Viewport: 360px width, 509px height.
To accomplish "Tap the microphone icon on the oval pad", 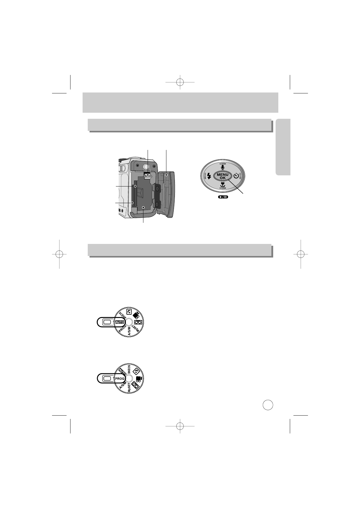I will pyautogui.click(x=223, y=167).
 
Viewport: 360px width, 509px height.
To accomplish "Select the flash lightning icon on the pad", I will pyautogui.click(x=209, y=177).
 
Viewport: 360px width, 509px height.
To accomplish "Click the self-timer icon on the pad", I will pyautogui.click(x=237, y=176).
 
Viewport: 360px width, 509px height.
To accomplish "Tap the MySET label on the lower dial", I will pyautogui.click(x=129, y=387).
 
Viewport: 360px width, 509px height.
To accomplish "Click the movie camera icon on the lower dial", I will pyautogui.click(x=139, y=379).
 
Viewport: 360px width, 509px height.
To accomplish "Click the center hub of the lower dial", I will pyautogui.click(x=129, y=378).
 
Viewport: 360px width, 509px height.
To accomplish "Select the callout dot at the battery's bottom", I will pyautogui.click(x=143, y=207).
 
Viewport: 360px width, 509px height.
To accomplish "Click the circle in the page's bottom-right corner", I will pyautogui.click(x=268, y=405).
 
